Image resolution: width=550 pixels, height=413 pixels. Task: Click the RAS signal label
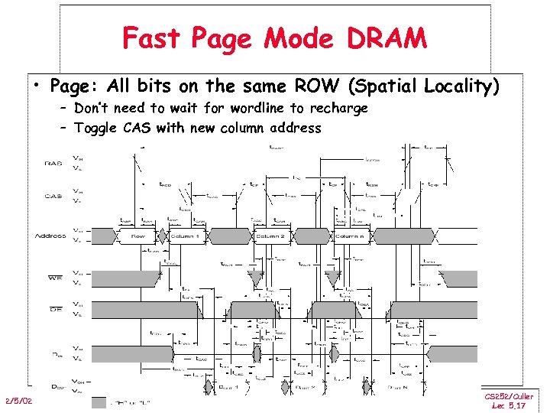point(53,163)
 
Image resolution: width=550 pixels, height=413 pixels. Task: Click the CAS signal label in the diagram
point(53,196)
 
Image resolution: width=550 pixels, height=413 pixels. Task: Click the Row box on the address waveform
point(138,236)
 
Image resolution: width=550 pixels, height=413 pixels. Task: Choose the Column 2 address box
point(270,236)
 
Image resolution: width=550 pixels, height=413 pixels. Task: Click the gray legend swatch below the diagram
point(99,402)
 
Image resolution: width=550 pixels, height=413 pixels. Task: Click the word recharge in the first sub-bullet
point(339,109)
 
